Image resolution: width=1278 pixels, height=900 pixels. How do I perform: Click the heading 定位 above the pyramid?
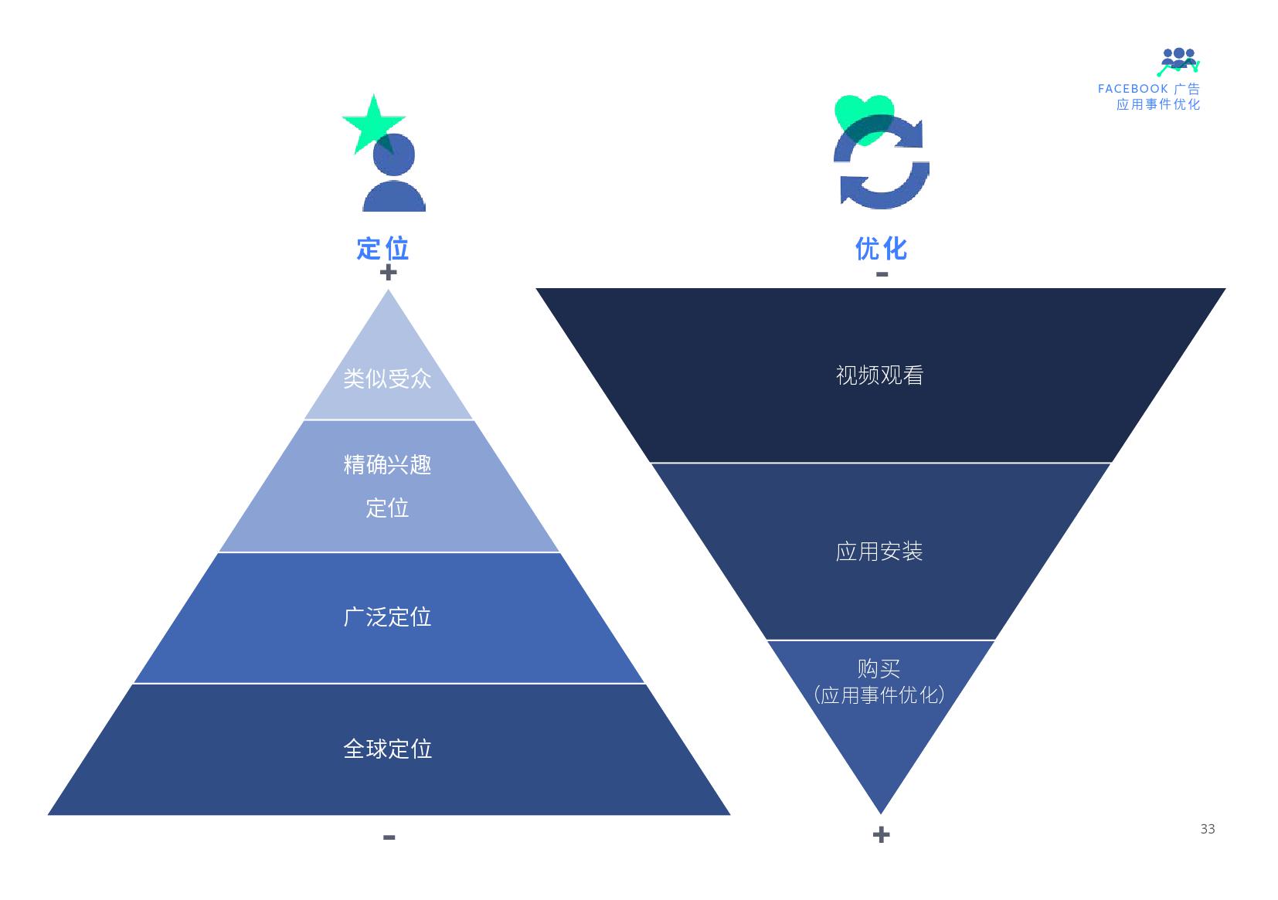coord(382,248)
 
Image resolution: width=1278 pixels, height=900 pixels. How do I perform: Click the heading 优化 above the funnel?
coord(881,248)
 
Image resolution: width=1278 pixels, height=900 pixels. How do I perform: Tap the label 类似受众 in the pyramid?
coord(387,379)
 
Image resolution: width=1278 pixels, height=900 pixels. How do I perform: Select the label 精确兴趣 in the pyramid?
coord(387,464)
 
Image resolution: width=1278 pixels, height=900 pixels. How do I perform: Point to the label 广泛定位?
coord(387,616)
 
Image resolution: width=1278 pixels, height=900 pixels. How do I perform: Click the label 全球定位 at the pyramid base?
coord(387,749)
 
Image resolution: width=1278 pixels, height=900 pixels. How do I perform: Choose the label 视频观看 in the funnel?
coord(879,375)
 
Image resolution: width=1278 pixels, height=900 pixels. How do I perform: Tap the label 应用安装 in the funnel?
coord(879,552)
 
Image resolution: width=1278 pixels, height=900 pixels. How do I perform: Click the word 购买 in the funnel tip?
coord(879,668)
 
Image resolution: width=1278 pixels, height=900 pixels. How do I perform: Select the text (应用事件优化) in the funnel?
coord(879,695)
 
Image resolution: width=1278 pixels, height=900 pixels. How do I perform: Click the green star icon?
coord(372,122)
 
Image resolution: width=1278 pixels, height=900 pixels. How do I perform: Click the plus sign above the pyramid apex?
coord(388,272)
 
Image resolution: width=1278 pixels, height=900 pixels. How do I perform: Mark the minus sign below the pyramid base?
coord(389,837)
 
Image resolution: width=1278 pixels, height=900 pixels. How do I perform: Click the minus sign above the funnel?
coord(882,274)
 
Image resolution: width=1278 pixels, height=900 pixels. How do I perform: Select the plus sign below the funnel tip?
coord(881,834)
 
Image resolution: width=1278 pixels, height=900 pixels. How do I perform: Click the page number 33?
coord(1208,829)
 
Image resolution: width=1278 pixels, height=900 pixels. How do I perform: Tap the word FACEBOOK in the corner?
coord(1133,89)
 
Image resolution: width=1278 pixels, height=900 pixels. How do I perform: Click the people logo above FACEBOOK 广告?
coord(1178,61)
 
